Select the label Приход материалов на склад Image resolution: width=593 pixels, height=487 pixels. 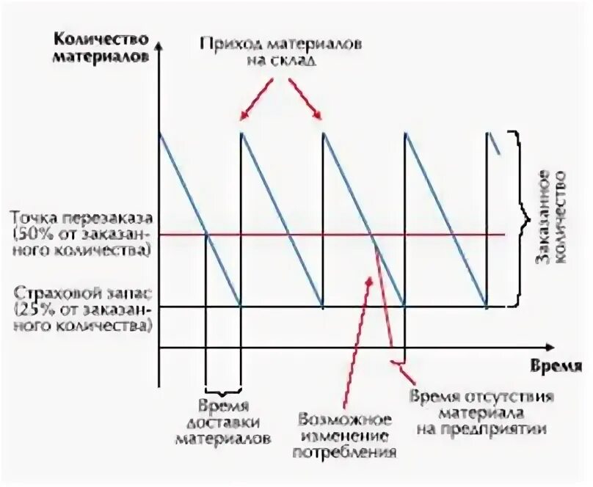tap(280, 51)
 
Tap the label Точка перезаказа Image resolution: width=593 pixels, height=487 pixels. tap(81, 219)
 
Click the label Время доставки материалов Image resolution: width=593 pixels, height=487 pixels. tap(222, 422)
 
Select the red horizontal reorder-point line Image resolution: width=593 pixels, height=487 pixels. tap(440, 235)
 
